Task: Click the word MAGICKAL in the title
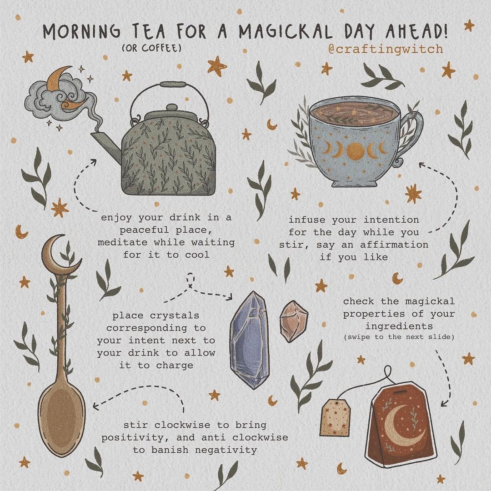(285, 31)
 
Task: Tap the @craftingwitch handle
(386, 49)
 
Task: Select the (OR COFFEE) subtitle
(151, 48)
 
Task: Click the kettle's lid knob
(172, 107)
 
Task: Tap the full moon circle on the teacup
(356, 150)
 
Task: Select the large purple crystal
(249, 340)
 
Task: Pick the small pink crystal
(293, 321)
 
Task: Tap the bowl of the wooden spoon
(61, 420)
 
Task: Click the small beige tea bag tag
(335, 418)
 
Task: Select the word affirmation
(394, 245)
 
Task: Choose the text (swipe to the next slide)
(399, 337)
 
